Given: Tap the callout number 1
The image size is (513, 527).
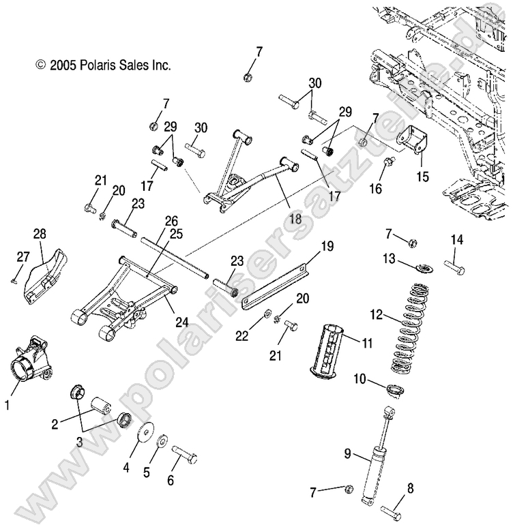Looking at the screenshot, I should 8,405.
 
